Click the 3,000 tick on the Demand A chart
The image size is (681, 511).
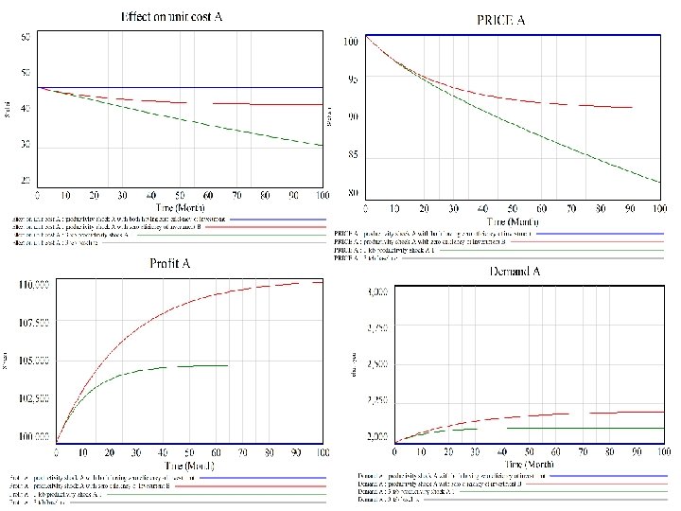pyautogui.click(x=377, y=293)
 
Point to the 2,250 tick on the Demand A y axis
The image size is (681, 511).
pyautogui.click(x=377, y=402)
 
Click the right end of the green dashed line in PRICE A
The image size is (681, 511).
pyautogui.click(x=660, y=182)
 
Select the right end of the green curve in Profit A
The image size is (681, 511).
pyautogui.click(x=228, y=365)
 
